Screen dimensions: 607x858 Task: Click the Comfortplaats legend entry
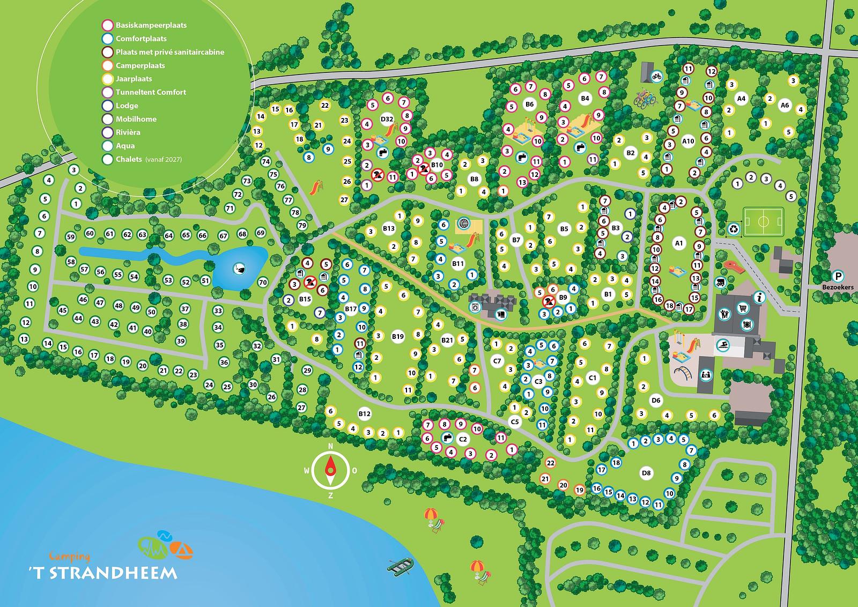coord(140,39)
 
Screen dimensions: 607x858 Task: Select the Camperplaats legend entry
coord(139,65)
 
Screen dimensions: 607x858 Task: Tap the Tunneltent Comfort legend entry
coord(150,92)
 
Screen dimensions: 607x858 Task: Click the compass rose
coord(330,470)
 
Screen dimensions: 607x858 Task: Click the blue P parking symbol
coord(838,277)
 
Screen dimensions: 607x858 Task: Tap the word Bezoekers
coord(837,287)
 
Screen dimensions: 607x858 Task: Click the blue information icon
coord(759,297)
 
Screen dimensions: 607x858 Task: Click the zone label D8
coord(646,473)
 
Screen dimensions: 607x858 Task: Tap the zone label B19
coord(397,337)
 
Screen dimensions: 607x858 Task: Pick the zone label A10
coord(688,142)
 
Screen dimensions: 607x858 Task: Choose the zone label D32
coord(387,119)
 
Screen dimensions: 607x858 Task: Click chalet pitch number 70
coord(263,282)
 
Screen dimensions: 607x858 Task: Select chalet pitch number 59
coord(71,236)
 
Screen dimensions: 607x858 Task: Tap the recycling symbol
coord(733,228)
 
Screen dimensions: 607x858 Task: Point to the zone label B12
coord(364,413)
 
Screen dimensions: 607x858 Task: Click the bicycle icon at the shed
coord(657,76)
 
